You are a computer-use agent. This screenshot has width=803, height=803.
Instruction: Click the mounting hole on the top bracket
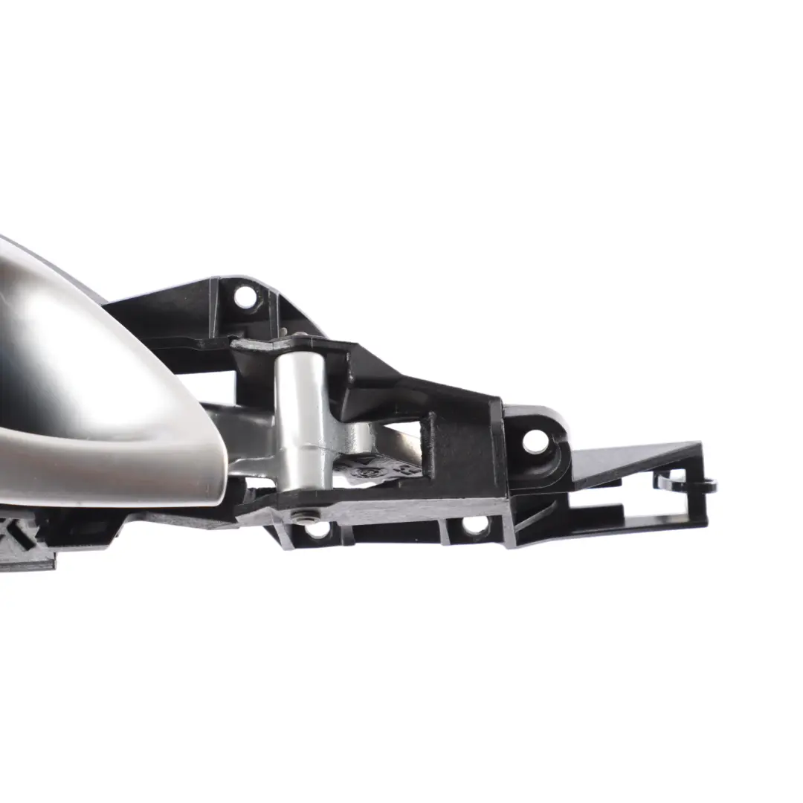pyautogui.click(x=245, y=297)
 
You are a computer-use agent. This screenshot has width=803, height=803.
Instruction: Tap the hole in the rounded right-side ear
pyautogui.click(x=535, y=441)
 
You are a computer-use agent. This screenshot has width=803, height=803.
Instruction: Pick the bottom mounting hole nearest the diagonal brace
pyautogui.click(x=474, y=524)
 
